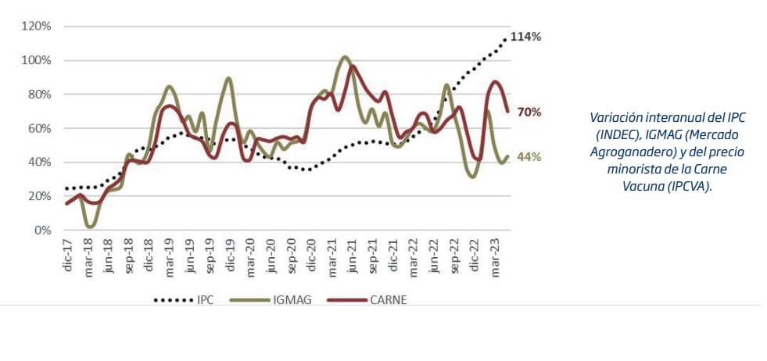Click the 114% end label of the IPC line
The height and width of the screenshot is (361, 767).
(x=526, y=37)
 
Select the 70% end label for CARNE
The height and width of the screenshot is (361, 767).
(x=529, y=113)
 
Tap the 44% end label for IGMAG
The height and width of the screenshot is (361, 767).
(x=529, y=156)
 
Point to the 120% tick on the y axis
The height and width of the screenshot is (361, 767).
(x=36, y=27)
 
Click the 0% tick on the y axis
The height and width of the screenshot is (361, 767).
(x=42, y=231)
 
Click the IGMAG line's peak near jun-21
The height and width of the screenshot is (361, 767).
(x=345, y=57)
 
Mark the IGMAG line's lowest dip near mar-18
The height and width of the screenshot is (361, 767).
(x=91, y=226)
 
